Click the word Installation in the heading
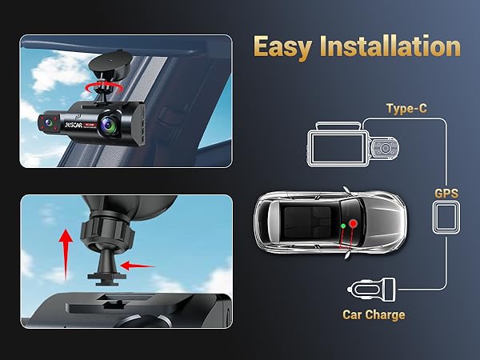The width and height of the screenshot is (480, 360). pyautogui.click(x=392, y=47)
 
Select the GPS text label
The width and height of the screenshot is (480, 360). pyautogui.click(x=446, y=194)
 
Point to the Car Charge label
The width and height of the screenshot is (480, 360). pyautogui.click(x=374, y=314)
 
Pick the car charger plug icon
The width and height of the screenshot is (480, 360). pyautogui.click(x=368, y=287)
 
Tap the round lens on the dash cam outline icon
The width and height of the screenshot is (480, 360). pyautogui.click(x=386, y=148)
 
